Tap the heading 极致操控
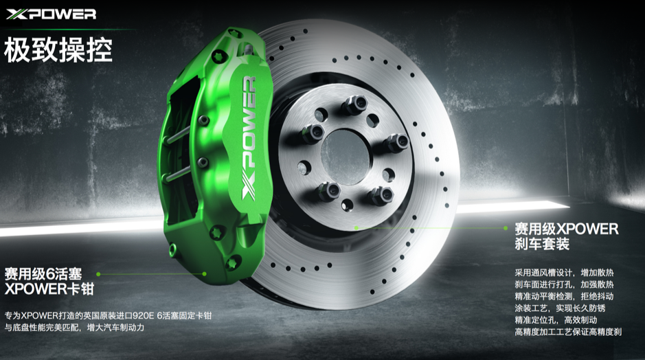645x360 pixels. click(x=58, y=49)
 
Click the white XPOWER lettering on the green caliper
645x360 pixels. click(x=249, y=138)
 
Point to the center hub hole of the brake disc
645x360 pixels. click(x=345, y=157)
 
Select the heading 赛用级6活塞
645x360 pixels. click(x=43, y=273)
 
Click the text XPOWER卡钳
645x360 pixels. click(x=49, y=289)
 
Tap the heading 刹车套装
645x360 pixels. click(x=542, y=244)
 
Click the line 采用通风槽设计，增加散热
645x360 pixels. click(x=564, y=272)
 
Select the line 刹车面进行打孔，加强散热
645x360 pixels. click(x=564, y=284)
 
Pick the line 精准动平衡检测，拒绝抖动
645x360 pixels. click(x=564, y=296)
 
